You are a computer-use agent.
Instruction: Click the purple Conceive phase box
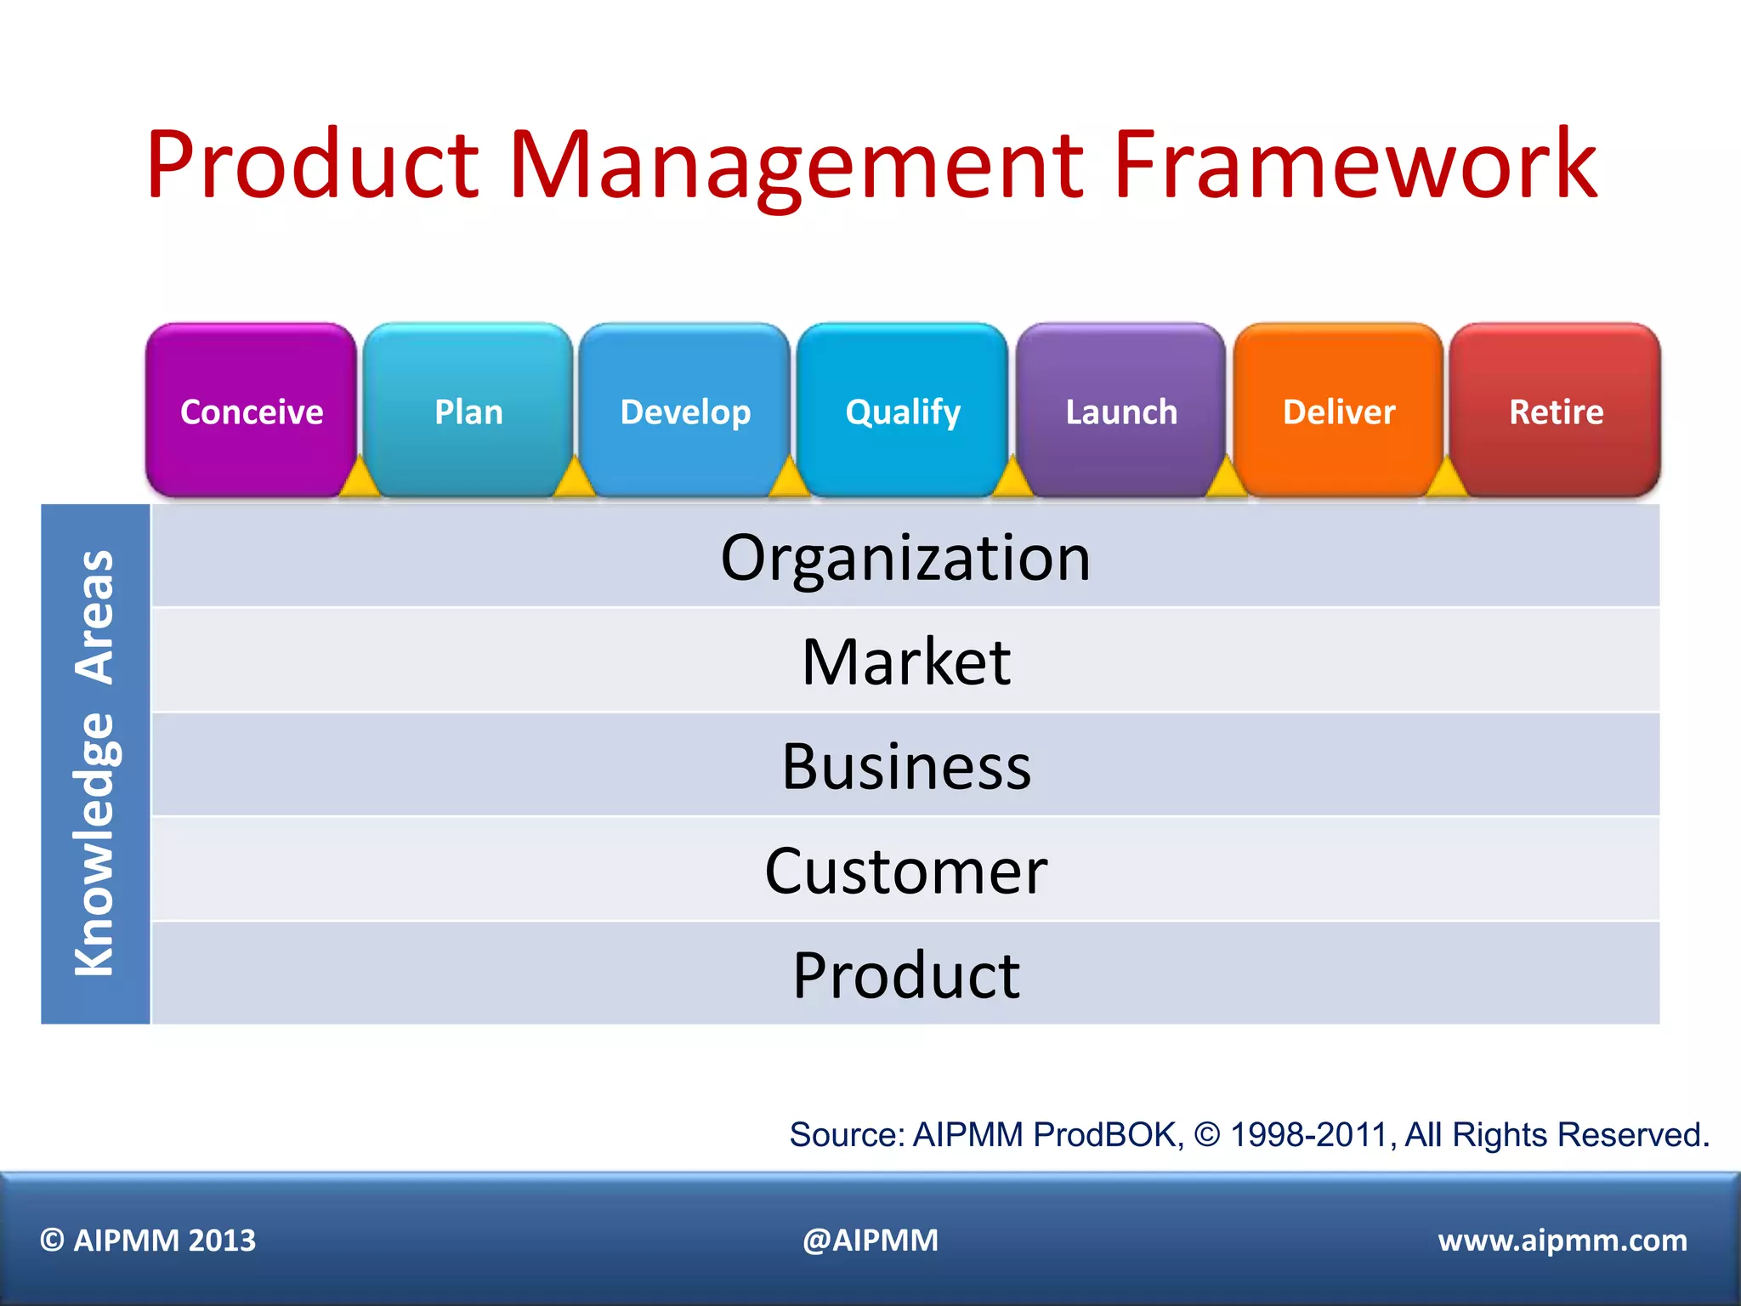[x=251, y=411]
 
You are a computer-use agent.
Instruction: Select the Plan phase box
[x=468, y=411]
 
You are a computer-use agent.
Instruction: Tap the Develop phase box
[x=685, y=411]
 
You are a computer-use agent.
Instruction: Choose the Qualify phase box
[x=903, y=411]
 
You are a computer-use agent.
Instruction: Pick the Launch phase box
[x=1121, y=411]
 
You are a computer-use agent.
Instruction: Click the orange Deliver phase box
[x=1339, y=411]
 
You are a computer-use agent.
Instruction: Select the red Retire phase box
[x=1556, y=411]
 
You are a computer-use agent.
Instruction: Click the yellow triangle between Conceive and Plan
[x=360, y=479]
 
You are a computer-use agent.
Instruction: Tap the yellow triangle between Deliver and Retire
[x=1447, y=479]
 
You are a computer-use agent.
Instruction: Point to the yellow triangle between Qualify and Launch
[x=1012, y=479]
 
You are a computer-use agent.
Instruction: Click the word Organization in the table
[x=905, y=558]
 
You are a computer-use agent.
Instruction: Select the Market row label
[x=905, y=662]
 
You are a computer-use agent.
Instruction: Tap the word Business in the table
[x=905, y=766]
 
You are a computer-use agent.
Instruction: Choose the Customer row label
[x=905, y=871]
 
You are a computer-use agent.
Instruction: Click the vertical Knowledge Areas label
[x=94, y=763]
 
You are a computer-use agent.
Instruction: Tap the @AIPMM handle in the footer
[x=870, y=1240]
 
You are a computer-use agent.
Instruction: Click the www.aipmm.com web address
[x=1562, y=1240]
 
